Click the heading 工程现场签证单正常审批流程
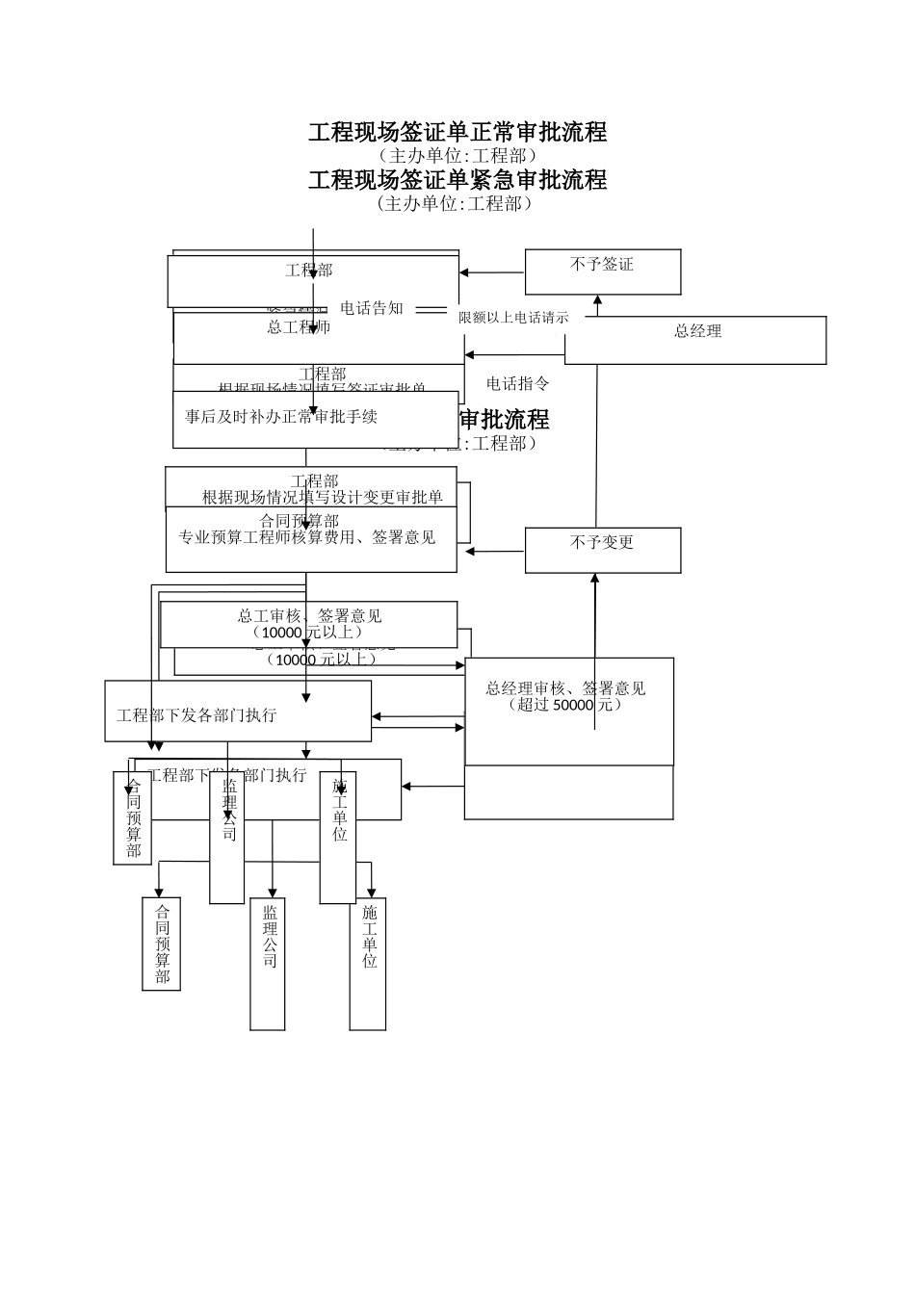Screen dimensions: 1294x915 (x=457, y=132)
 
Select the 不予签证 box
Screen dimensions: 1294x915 (x=602, y=271)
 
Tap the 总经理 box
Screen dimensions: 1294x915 (x=695, y=339)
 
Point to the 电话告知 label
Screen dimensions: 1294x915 (x=372, y=309)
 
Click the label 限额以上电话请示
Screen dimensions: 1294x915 (x=513, y=318)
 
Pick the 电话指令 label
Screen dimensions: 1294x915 (x=517, y=384)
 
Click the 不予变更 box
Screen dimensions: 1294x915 (x=602, y=549)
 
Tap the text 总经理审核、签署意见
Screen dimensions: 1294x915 (x=565, y=688)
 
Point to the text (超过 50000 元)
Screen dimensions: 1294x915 (x=565, y=705)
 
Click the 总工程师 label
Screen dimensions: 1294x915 (x=299, y=328)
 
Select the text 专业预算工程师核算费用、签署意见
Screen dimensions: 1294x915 (x=307, y=537)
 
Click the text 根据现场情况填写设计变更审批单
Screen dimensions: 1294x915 (x=322, y=498)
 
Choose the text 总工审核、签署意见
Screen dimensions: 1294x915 (x=309, y=616)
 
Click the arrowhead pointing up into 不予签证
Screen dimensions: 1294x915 (x=597, y=300)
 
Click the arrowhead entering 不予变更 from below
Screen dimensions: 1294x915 (x=595, y=579)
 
